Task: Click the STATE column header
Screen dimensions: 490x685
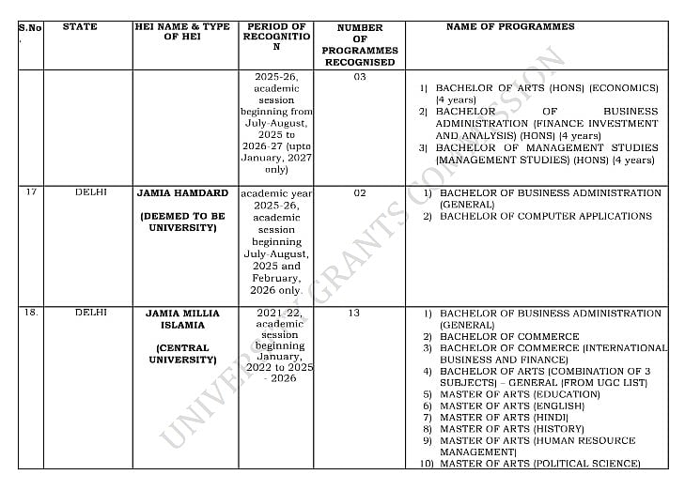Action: click(x=80, y=27)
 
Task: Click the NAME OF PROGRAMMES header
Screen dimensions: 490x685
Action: click(x=510, y=27)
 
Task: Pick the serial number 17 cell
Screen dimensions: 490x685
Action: click(x=31, y=192)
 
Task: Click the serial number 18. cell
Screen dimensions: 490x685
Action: click(x=31, y=313)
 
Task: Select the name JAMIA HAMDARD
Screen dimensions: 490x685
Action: click(x=182, y=193)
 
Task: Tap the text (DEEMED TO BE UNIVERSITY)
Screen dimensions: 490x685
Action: click(x=182, y=222)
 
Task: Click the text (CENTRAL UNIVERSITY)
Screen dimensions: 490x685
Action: click(x=182, y=353)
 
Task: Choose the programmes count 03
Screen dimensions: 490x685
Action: click(x=360, y=77)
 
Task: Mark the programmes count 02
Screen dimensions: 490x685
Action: click(x=360, y=193)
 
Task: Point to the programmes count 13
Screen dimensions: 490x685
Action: click(x=353, y=314)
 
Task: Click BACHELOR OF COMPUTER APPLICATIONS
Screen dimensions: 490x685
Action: click(x=545, y=216)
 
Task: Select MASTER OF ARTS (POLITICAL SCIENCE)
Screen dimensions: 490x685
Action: click(x=539, y=463)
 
